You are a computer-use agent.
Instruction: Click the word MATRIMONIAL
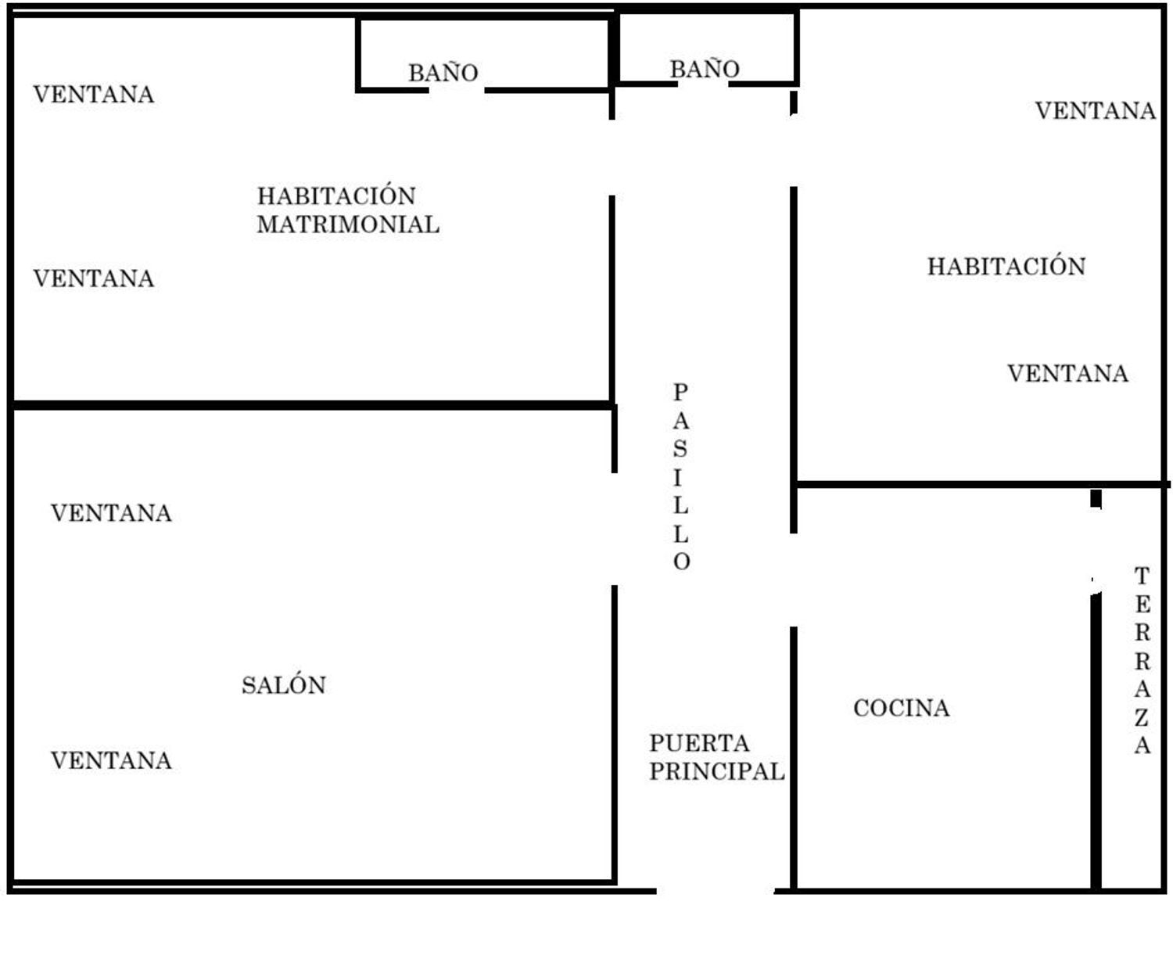click(348, 224)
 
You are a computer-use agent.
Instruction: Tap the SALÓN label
click(284, 685)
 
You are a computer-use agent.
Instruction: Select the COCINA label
click(901, 708)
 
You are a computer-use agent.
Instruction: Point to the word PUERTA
click(699, 743)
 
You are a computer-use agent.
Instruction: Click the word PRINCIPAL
click(717, 771)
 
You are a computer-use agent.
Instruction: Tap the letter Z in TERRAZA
click(1141, 717)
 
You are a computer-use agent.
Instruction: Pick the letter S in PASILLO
click(680, 448)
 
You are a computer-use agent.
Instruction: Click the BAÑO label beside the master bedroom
click(443, 73)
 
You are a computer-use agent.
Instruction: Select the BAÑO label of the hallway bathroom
click(705, 69)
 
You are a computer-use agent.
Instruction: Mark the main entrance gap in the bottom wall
click(716, 891)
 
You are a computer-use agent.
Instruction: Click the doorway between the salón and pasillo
click(614, 530)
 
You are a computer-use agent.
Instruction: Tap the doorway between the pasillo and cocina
click(793, 580)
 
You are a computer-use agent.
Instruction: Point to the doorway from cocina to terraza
click(1096, 551)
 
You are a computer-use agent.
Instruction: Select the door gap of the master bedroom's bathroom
click(457, 90)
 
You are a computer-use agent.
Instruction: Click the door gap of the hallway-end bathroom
click(703, 84)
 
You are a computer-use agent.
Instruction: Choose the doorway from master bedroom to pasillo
click(612, 157)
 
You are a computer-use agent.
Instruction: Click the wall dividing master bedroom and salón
click(312, 405)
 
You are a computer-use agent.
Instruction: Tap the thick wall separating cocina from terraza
click(1096, 741)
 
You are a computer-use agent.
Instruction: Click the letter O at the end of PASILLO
click(681, 562)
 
